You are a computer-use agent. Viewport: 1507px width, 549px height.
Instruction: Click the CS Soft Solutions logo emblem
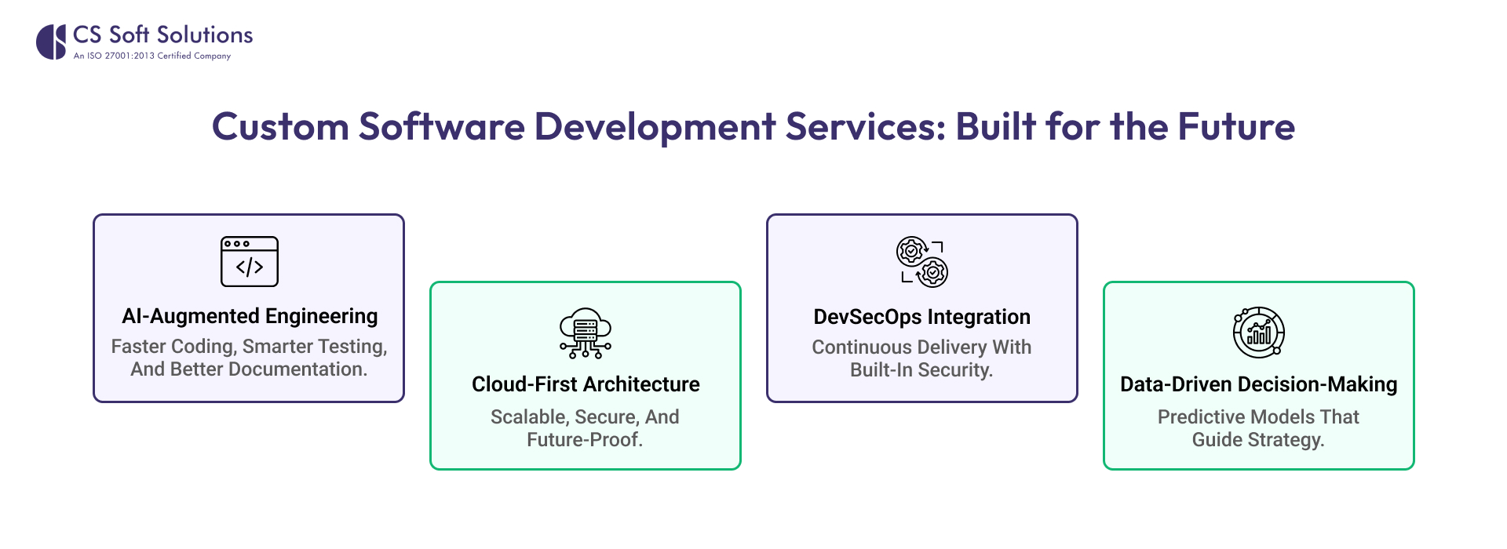click(51, 42)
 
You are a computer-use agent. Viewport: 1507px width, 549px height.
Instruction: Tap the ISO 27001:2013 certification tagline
click(152, 56)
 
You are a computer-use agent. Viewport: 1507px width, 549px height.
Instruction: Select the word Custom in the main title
click(280, 127)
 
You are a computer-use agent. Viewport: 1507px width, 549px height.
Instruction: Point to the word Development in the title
click(655, 127)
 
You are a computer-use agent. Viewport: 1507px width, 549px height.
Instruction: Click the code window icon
click(250, 261)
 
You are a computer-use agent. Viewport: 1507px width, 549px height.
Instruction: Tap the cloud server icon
click(586, 333)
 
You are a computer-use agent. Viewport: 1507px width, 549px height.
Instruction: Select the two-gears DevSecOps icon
click(922, 262)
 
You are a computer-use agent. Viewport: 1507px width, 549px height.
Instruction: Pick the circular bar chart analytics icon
click(1258, 333)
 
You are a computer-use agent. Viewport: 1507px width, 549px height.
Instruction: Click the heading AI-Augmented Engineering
click(250, 316)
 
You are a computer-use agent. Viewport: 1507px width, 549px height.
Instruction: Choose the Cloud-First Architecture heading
click(586, 384)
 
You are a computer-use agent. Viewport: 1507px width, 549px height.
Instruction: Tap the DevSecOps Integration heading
click(922, 317)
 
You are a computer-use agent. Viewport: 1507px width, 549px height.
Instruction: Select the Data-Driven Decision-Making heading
click(1258, 384)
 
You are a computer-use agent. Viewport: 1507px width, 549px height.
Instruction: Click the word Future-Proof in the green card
click(585, 440)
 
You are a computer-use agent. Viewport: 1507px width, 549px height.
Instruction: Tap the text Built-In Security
click(921, 370)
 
